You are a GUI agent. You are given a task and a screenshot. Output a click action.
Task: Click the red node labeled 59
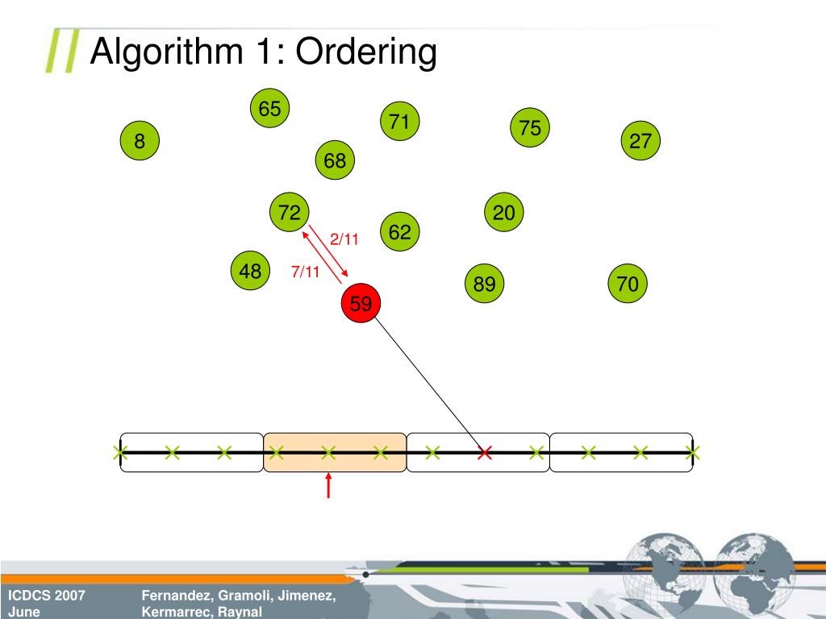(361, 304)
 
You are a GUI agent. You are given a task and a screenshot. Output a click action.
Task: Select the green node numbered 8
(140, 142)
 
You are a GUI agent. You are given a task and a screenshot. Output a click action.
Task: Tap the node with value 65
(269, 109)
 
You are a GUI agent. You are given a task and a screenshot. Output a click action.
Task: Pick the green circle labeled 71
(399, 122)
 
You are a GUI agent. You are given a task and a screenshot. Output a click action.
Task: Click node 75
(530, 128)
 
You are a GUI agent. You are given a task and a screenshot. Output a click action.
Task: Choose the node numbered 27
(640, 142)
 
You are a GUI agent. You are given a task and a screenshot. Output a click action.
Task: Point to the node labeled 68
(335, 161)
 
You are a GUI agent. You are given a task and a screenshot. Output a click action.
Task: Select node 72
(290, 213)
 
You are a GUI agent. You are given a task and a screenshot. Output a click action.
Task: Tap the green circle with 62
(399, 233)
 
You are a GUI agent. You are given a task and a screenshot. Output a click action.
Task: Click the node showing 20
(504, 213)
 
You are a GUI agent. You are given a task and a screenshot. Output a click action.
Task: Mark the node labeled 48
(250, 272)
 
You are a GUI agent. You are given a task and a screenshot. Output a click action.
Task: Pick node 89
(485, 284)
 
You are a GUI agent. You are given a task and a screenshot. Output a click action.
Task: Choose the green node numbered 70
(628, 284)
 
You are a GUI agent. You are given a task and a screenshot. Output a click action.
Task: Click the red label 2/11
(344, 239)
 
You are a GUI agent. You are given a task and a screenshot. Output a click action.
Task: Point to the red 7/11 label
(306, 272)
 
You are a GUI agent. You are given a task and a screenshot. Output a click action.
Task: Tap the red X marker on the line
(484, 453)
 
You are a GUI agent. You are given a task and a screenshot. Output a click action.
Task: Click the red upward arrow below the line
(328, 485)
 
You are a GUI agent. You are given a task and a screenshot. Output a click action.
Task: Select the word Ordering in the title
(366, 52)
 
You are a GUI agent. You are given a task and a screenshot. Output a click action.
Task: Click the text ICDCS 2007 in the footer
(47, 596)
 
